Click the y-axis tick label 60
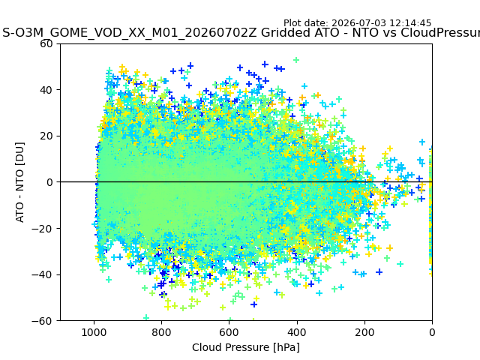pyautogui.click(x=46, y=43)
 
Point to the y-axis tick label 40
pyautogui.click(x=46, y=90)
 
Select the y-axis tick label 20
pyautogui.click(x=46, y=136)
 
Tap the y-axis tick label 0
pyautogui.click(x=49, y=182)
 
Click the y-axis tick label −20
pyautogui.click(x=42, y=229)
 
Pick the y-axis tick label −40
pyautogui.click(x=42, y=275)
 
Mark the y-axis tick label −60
pyautogui.click(x=42, y=321)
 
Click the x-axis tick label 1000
pyautogui.click(x=94, y=332)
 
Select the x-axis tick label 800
pyautogui.click(x=162, y=332)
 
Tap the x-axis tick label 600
pyautogui.click(x=229, y=332)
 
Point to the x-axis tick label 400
pyautogui.click(x=297, y=332)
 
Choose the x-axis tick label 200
pyautogui.click(x=364, y=332)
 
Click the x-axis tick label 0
pyautogui.click(x=432, y=332)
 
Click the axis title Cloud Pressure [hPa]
pyautogui.click(x=246, y=348)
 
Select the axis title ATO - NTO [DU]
pyautogui.click(x=20, y=182)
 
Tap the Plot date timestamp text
pyautogui.click(x=357, y=23)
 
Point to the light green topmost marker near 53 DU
pyautogui.click(x=296, y=60)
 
